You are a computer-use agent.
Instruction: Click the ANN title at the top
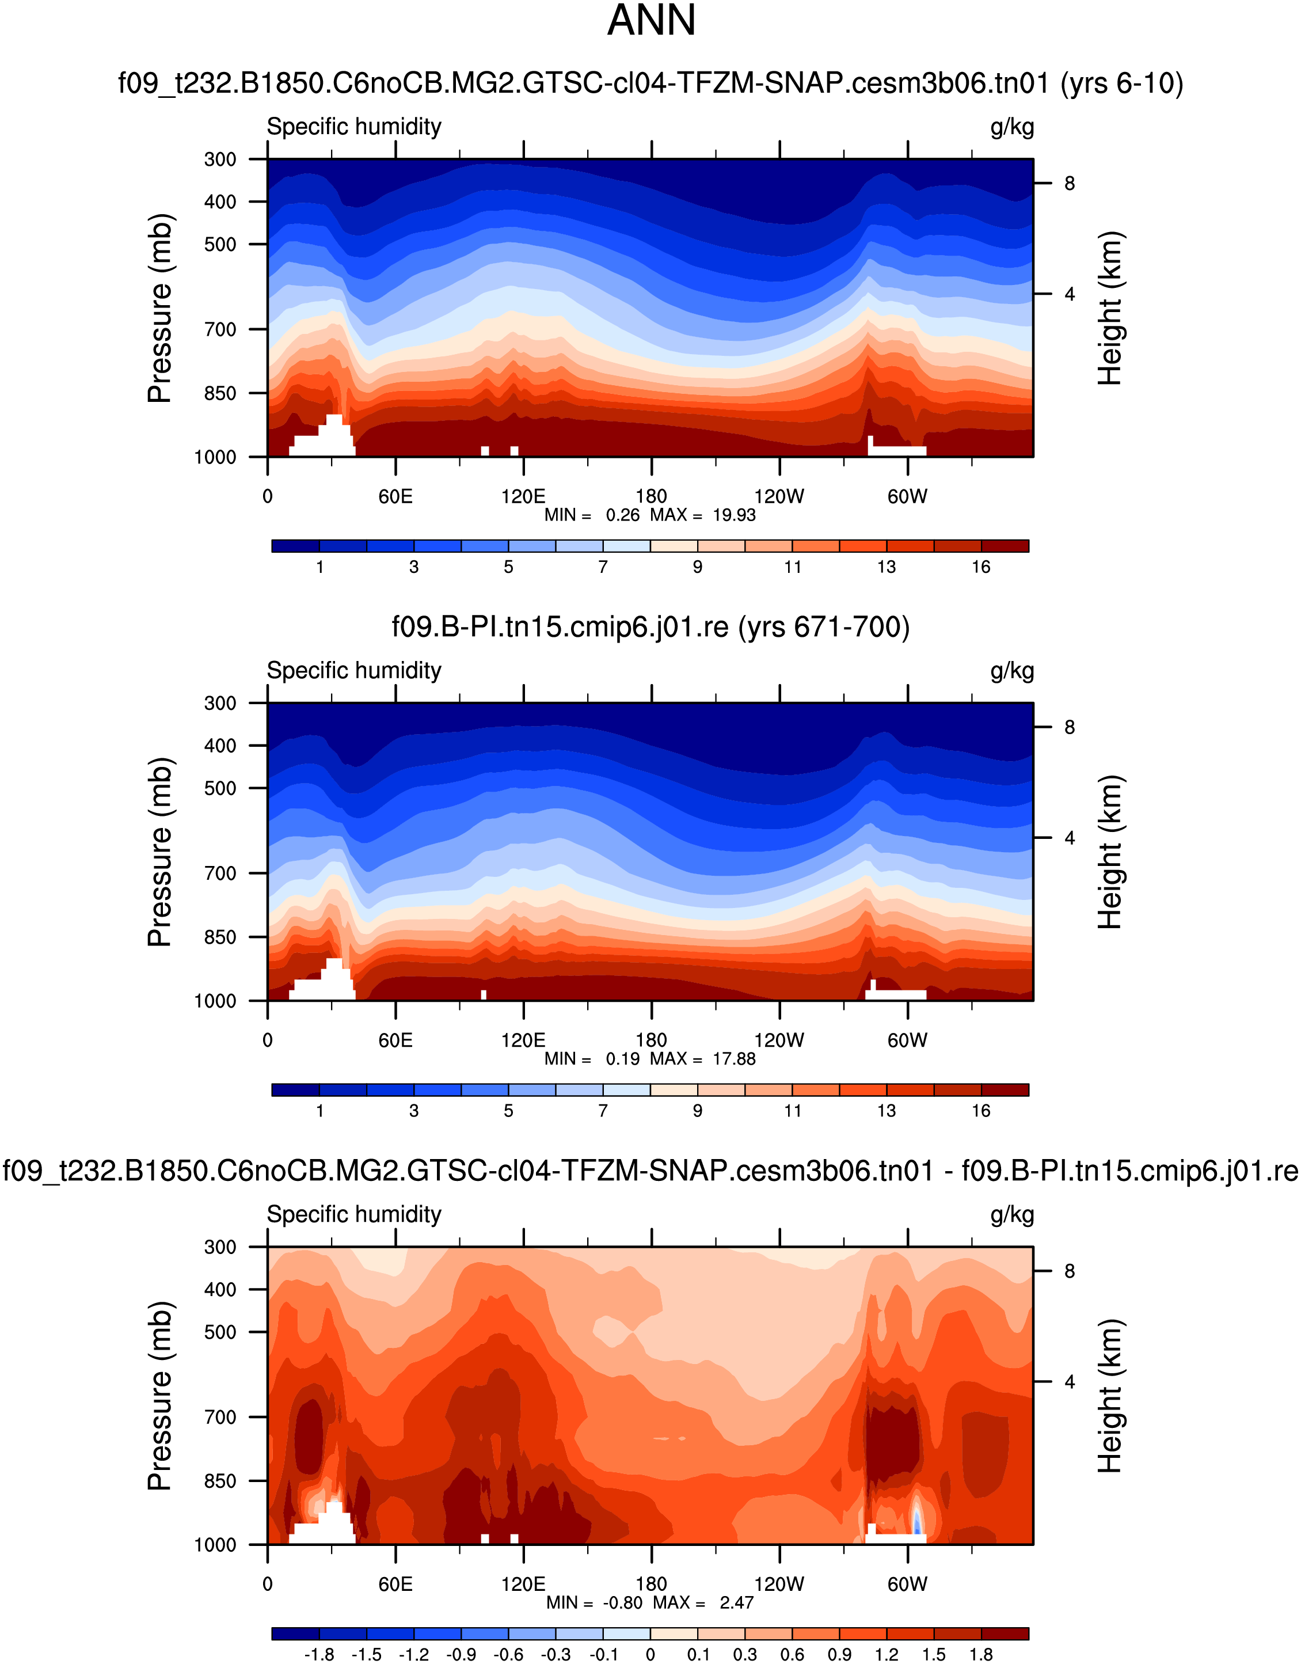(651, 21)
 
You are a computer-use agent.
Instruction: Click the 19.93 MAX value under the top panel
(733, 515)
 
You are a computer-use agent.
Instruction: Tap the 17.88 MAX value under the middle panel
(733, 1059)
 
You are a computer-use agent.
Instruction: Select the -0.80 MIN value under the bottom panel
(622, 1602)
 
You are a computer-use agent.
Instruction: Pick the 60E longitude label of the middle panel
(395, 1040)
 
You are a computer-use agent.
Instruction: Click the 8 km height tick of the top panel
(1070, 184)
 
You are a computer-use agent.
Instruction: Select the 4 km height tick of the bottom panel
(1070, 1381)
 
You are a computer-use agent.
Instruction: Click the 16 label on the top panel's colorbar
(980, 567)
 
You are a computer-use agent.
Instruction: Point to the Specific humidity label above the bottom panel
(353, 1214)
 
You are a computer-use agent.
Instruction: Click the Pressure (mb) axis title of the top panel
(160, 308)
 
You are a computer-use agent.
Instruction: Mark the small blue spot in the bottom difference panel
(917, 1522)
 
